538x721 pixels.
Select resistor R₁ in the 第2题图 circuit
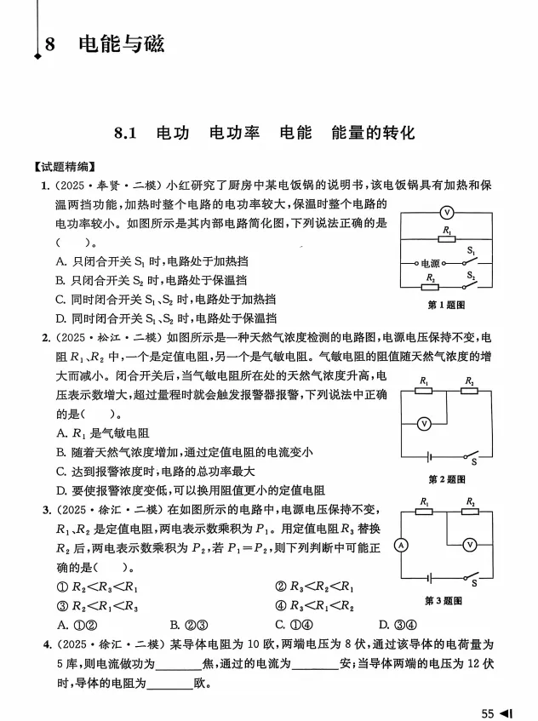[x=424, y=392]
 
